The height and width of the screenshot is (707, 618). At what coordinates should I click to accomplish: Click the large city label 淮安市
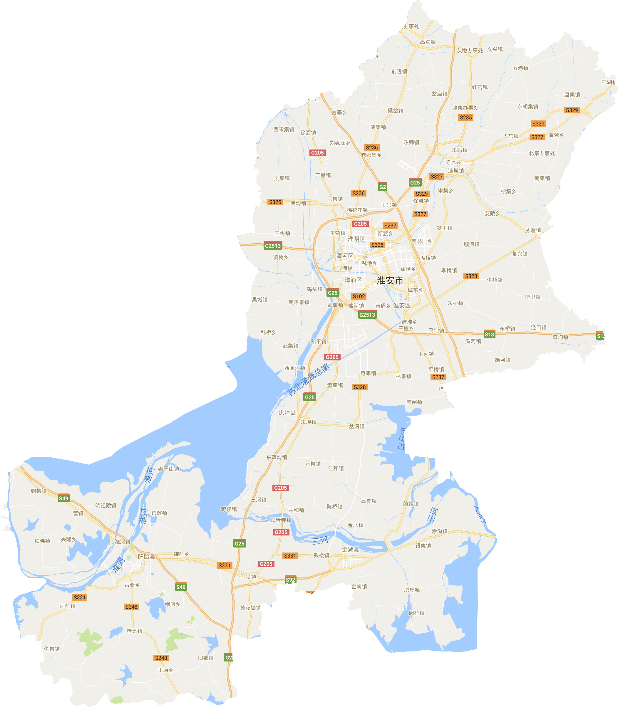coord(390,281)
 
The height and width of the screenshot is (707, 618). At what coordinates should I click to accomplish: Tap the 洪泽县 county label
coord(287,412)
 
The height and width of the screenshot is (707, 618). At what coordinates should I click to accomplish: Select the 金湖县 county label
coord(350,550)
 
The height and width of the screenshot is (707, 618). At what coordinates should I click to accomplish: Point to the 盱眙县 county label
coord(147,557)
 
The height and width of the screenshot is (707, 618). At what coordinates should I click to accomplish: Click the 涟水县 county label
coord(453,162)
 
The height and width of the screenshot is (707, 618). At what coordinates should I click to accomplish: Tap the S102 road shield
coord(359,296)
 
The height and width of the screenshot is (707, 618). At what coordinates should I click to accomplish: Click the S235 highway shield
coord(465,117)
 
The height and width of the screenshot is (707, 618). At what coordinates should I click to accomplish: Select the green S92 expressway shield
coord(290,580)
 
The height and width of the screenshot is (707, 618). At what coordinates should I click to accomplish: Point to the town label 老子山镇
coord(169,468)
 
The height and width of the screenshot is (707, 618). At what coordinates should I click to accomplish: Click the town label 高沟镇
coord(428,42)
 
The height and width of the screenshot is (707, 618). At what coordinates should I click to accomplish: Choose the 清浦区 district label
coord(353,280)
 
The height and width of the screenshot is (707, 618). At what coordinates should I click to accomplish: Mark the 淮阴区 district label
coord(356,239)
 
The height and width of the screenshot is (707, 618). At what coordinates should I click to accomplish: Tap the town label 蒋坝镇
coord(229,509)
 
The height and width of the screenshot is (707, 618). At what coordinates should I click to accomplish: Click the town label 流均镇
coord(560,337)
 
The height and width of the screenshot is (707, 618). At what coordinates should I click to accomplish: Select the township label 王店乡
coord(165,670)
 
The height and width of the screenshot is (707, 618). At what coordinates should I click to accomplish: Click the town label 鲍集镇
coord(38,491)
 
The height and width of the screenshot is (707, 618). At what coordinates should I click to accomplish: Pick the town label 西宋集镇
coord(284,130)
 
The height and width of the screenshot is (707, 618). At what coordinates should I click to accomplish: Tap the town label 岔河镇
coord(356,426)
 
